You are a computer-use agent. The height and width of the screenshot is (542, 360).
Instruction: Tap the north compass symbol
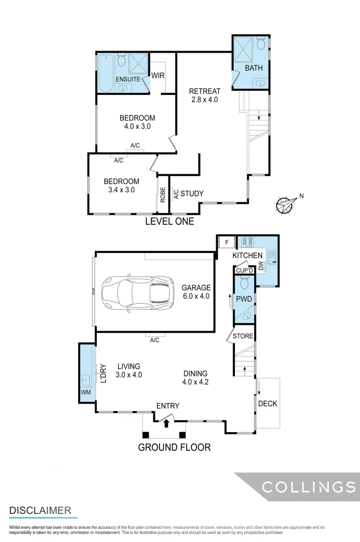coord(286,204)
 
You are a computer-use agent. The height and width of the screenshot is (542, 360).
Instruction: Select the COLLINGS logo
coord(309,486)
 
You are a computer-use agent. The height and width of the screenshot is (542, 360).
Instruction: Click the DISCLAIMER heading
coord(40,510)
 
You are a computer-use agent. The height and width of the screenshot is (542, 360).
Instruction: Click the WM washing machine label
coord(86,392)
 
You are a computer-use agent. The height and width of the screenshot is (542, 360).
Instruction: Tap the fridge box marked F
coord(227,242)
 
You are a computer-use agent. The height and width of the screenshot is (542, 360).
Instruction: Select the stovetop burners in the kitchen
coord(247,242)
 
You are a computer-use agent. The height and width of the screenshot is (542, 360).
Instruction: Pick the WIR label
coord(158,75)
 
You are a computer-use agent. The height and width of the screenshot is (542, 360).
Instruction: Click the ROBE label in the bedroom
coord(162,194)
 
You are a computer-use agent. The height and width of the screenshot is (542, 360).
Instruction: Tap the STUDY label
coord(192,194)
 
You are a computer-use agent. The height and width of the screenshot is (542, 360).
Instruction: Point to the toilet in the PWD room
coord(244,285)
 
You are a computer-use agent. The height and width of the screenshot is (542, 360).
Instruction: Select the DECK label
coord(267,403)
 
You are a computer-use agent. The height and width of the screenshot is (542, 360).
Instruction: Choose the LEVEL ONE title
coord(169,221)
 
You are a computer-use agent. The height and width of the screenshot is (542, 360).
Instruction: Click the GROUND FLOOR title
coord(174,447)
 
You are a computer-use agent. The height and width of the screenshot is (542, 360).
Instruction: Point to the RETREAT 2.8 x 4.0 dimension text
coord(205,95)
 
